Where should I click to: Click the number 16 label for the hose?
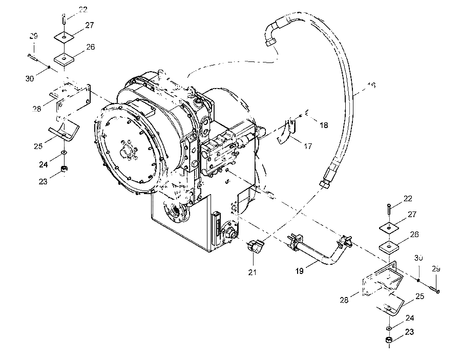[371, 86]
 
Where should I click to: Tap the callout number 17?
[308, 146]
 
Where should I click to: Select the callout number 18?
[324, 125]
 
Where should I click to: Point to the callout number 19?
[299, 271]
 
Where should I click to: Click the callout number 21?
[252, 272]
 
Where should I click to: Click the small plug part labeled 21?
[255, 246]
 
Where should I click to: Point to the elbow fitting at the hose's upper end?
[273, 32]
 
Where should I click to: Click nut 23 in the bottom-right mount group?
[389, 341]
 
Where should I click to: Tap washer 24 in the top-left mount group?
[64, 153]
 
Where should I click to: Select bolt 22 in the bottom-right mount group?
[389, 209]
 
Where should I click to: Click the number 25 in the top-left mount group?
[38, 146]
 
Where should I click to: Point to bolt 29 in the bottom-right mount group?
[434, 289]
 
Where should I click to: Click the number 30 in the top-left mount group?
[30, 79]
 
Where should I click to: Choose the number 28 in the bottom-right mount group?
[344, 300]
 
